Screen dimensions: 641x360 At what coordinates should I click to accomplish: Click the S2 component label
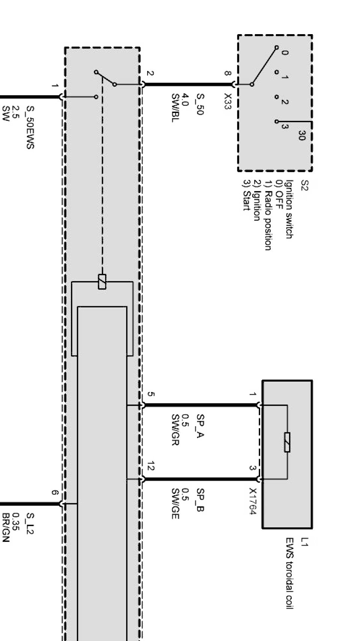[x=304, y=185]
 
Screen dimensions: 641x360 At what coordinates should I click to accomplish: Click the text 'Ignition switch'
[x=288, y=209]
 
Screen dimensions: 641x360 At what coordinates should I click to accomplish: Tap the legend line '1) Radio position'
[x=268, y=215]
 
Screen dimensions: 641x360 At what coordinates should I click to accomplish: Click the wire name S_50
[x=199, y=104]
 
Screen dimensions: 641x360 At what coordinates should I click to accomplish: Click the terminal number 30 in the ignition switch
[x=301, y=135]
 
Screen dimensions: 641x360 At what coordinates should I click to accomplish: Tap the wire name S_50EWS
[x=30, y=128]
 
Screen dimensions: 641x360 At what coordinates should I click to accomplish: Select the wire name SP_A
[x=200, y=426]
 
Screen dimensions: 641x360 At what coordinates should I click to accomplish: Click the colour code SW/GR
[x=175, y=429]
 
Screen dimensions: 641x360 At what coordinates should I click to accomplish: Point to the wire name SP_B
[x=200, y=500]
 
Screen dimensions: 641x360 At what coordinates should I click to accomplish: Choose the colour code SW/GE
[x=175, y=504]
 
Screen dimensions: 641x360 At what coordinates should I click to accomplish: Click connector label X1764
[x=253, y=501]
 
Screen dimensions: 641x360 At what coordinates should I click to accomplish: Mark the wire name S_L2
[x=30, y=524]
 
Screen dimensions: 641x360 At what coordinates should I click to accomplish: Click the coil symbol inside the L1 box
[x=287, y=442]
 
